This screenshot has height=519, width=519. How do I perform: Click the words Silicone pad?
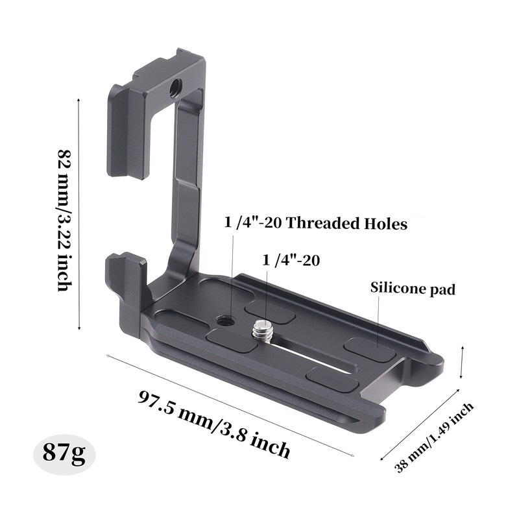413,289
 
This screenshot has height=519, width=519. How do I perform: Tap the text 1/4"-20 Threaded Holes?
315,224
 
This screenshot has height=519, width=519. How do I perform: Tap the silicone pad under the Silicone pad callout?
369,350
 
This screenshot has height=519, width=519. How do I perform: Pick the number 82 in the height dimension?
64,159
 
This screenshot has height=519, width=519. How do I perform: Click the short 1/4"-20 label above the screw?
291,261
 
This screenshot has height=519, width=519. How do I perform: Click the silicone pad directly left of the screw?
232,340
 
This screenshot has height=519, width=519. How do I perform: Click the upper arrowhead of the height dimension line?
78,101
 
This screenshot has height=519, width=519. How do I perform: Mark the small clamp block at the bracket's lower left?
126,285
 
